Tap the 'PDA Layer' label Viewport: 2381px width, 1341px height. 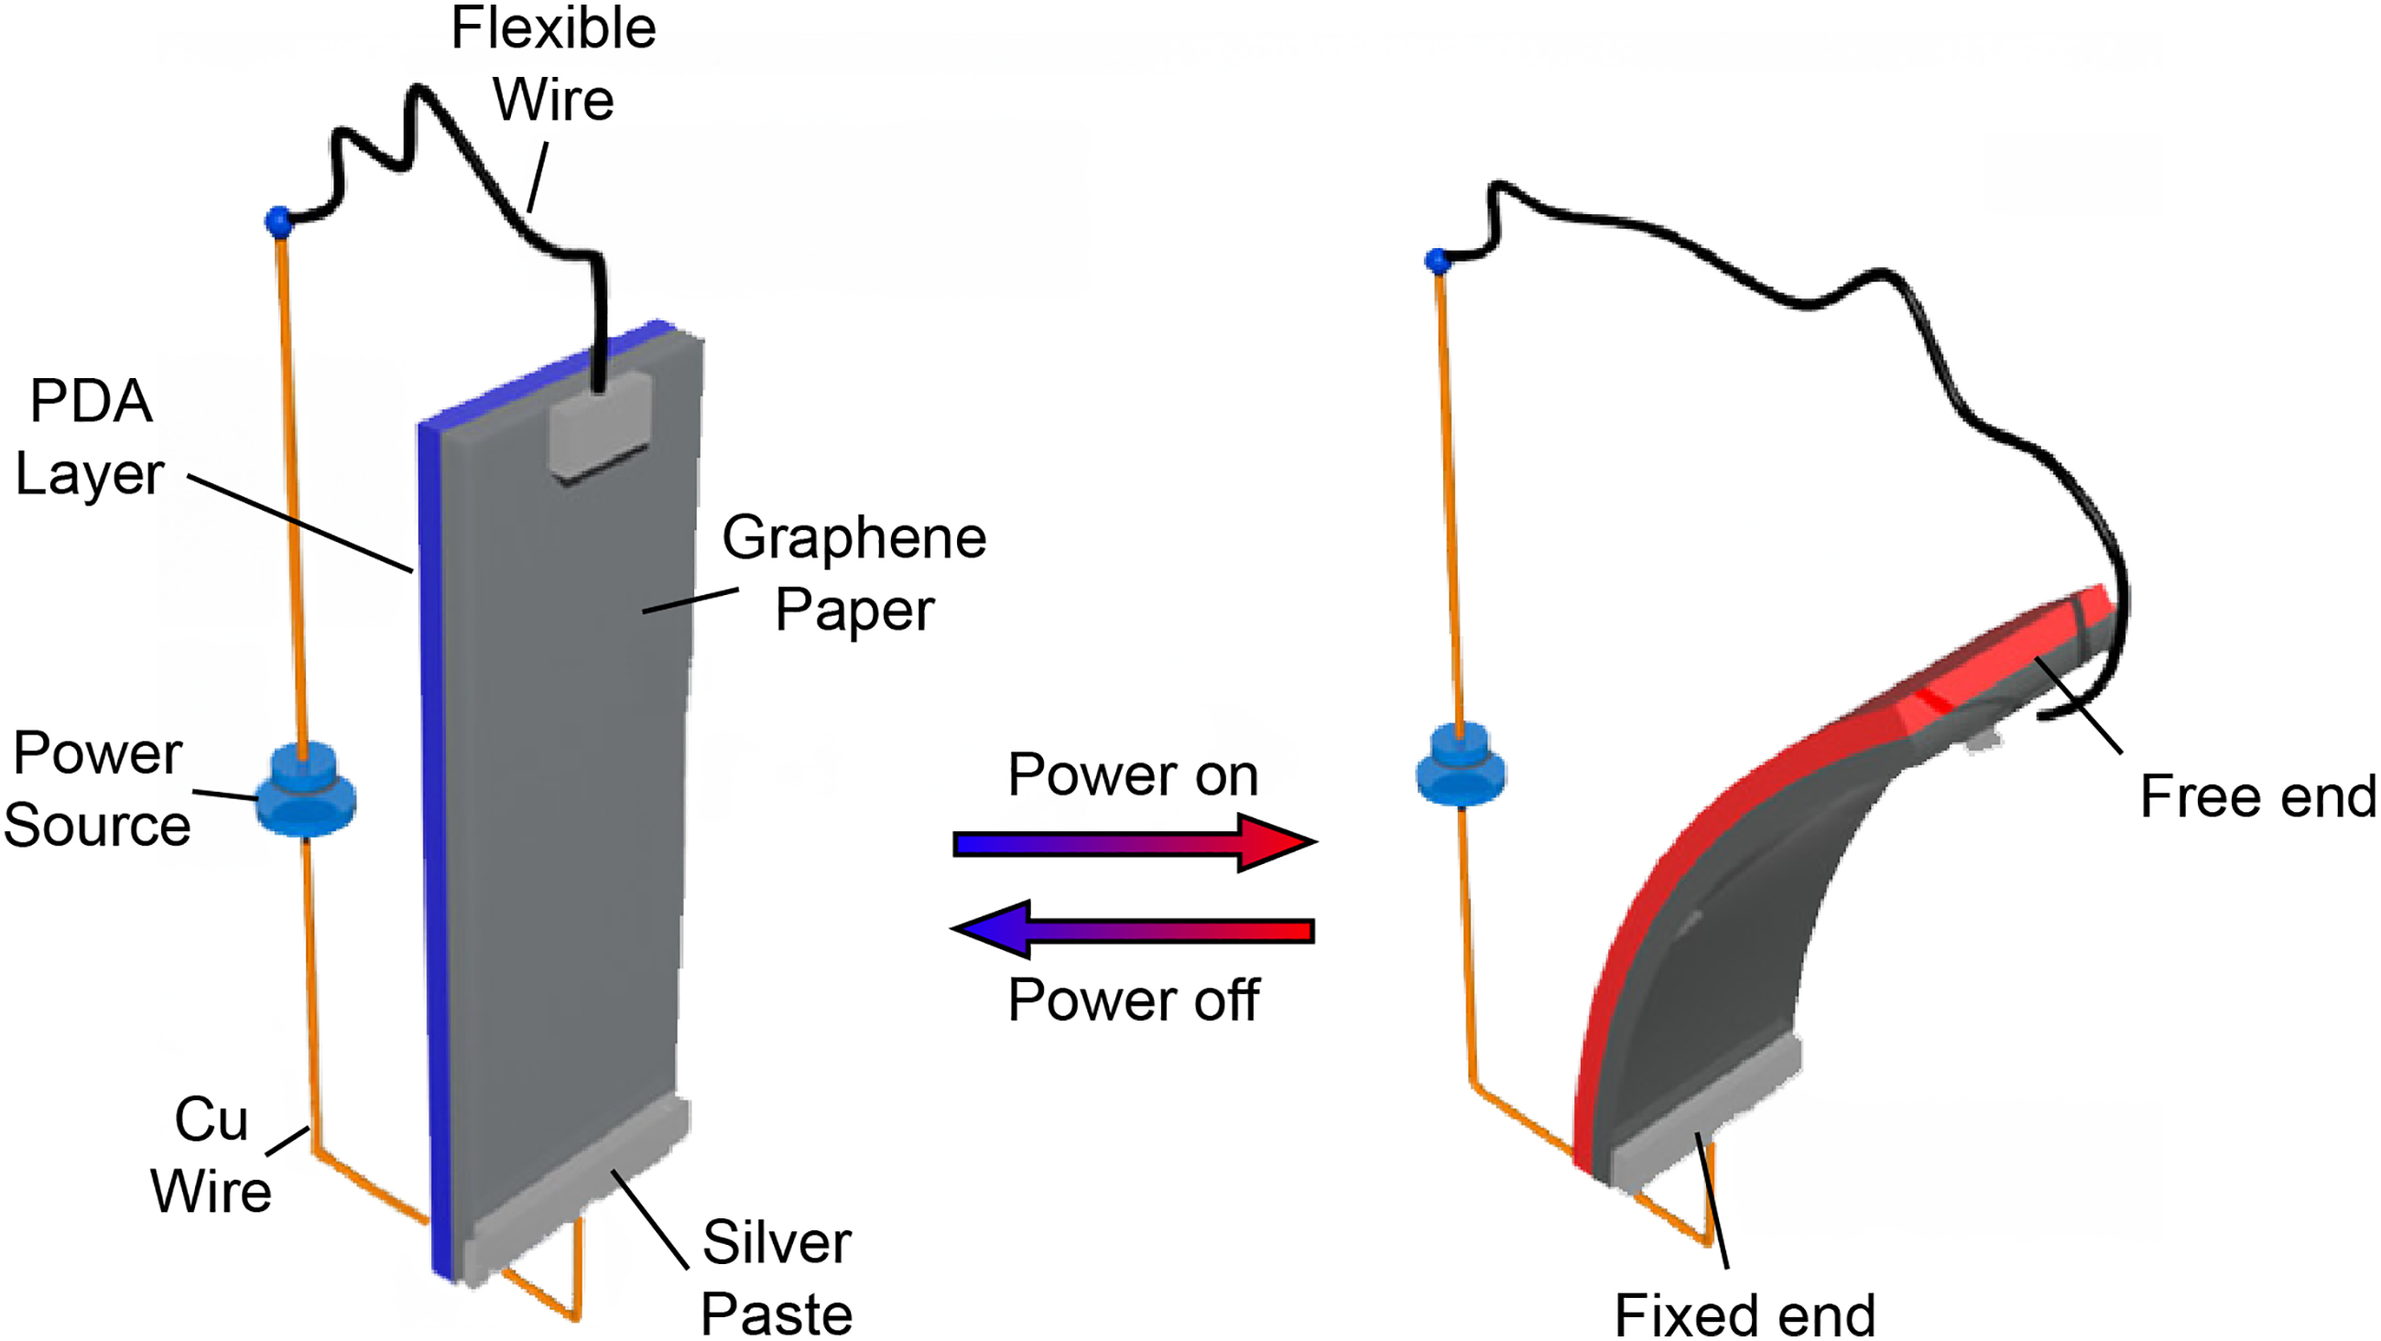(90, 438)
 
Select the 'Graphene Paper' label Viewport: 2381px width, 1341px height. (854, 573)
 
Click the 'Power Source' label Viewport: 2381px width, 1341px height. (97, 788)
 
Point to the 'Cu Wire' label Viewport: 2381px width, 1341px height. (212, 1154)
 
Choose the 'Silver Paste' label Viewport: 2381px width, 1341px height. (777, 1276)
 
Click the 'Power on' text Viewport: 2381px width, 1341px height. (1133, 773)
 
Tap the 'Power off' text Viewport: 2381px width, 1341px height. (1133, 999)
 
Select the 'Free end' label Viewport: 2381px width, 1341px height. (2258, 795)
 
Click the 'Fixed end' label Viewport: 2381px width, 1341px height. (1745, 1314)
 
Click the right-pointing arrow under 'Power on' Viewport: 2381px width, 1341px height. (1135, 843)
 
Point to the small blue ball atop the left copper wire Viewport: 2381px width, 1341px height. (278, 222)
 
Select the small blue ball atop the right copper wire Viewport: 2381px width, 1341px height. (1438, 262)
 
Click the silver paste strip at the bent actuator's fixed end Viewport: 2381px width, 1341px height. (1705, 1114)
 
